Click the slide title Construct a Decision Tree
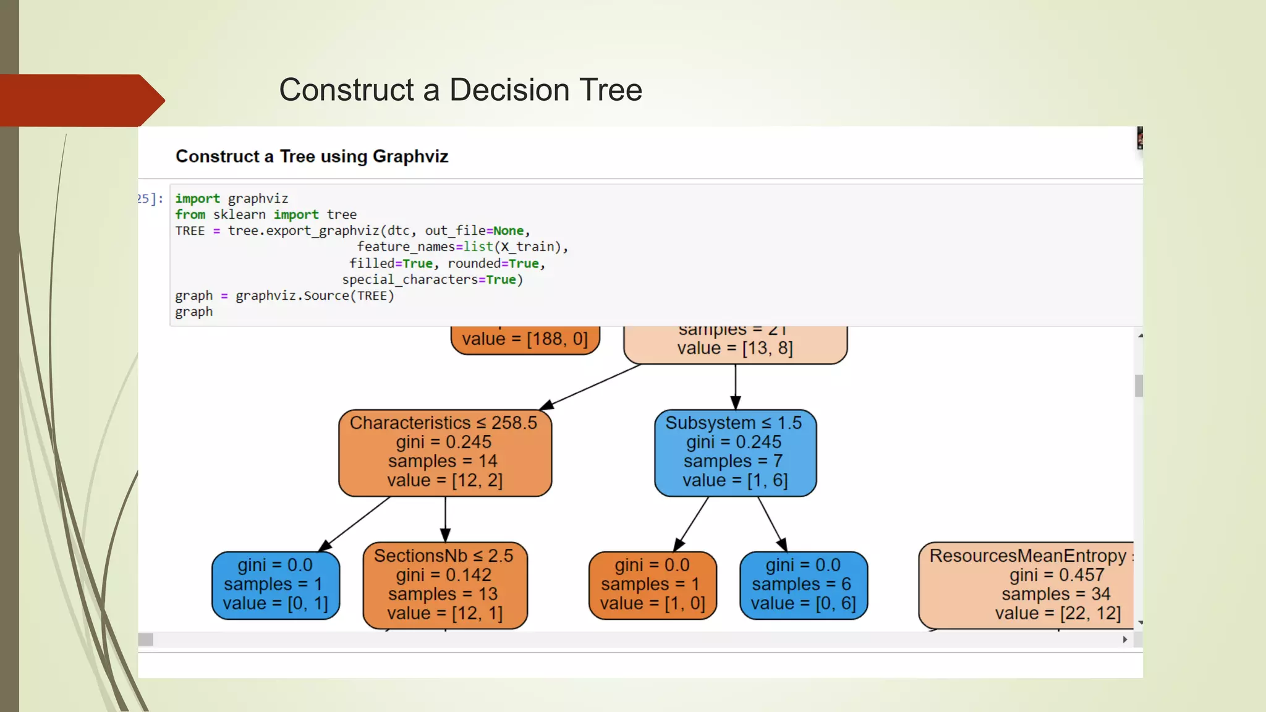tap(461, 90)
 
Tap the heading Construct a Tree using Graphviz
tap(312, 156)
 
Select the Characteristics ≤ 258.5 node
tap(445, 452)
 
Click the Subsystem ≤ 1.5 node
tap(735, 452)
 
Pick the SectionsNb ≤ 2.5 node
tap(445, 585)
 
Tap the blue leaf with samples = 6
tap(803, 585)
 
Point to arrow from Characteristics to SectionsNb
tap(445, 519)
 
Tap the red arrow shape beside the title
tap(80, 100)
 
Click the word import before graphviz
tap(197, 198)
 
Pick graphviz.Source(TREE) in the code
tap(315, 296)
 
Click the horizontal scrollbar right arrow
tap(1125, 639)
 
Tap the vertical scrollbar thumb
tap(1139, 386)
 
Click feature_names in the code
tap(406, 247)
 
